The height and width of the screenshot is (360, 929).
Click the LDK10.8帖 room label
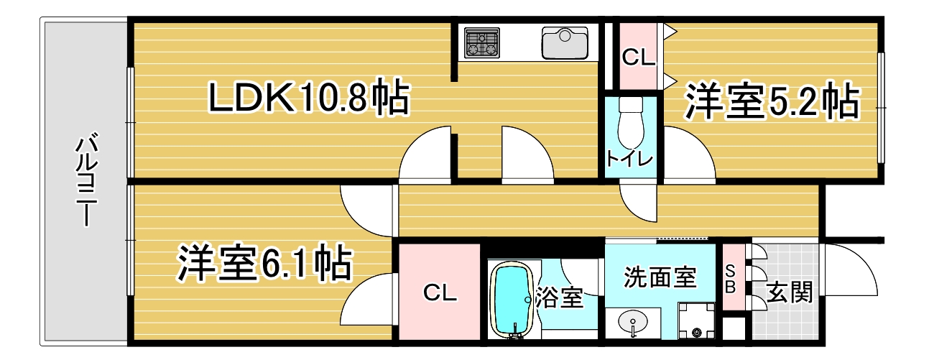[x=309, y=98]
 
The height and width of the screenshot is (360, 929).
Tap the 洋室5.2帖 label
[x=772, y=101]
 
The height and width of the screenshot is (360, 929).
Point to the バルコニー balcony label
[x=87, y=180]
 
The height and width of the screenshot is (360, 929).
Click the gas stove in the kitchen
[x=481, y=42]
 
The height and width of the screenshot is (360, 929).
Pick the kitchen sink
[x=565, y=42]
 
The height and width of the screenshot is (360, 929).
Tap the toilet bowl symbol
[x=630, y=122]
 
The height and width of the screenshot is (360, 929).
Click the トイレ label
[x=629, y=159]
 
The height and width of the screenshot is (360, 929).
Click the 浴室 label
[x=560, y=297]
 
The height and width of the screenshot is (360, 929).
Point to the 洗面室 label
[x=660, y=277]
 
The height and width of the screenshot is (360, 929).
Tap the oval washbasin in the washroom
[x=633, y=322]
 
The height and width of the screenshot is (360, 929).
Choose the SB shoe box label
[x=731, y=279]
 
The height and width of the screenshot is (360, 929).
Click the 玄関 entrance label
[x=789, y=292]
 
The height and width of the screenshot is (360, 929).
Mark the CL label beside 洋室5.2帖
[x=639, y=57]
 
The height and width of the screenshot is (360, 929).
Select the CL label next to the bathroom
[x=440, y=292]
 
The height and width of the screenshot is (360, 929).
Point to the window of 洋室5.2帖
[x=879, y=108]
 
